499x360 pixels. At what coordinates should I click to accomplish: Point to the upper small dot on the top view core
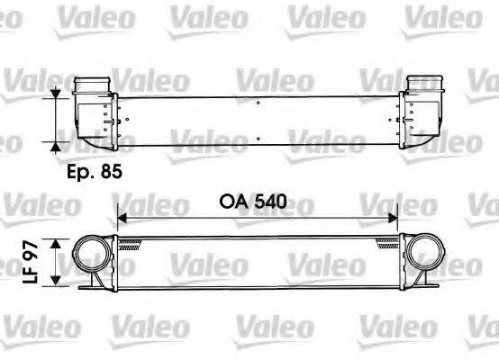[259, 104]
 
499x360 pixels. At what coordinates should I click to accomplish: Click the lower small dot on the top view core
[259, 139]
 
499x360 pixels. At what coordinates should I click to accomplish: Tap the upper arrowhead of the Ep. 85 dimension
[58, 93]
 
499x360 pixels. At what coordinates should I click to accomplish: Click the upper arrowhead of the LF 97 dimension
[58, 242]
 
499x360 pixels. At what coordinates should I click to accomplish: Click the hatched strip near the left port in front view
[132, 241]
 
